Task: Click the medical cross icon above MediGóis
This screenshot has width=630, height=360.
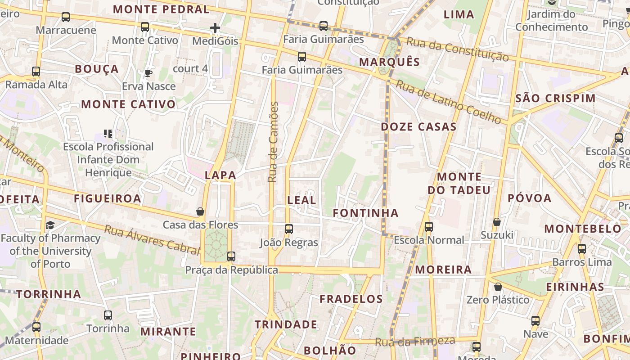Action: (x=215, y=28)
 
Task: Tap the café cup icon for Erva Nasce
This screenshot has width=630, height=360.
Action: (x=148, y=73)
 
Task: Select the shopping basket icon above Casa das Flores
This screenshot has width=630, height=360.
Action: (x=200, y=211)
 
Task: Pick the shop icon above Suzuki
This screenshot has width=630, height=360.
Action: (x=497, y=222)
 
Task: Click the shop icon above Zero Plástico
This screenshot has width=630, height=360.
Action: (x=498, y=287)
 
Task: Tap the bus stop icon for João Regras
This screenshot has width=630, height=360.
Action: (x=289, y=229)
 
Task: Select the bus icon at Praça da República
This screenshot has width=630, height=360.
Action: (x=231, y=256)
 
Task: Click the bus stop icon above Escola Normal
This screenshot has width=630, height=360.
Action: (x=429, y=227)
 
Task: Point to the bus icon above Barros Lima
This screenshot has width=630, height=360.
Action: (x=582, y=248)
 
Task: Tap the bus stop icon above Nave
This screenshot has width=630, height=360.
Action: (x=535, y=321)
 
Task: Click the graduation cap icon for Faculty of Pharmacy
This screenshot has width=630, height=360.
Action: (x=50, y=225)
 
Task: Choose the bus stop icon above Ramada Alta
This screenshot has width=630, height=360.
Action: (x=36, y=72)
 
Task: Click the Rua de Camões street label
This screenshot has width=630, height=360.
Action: (x=273, y=142)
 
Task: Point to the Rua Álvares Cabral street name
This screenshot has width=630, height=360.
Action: (x=152, y=240)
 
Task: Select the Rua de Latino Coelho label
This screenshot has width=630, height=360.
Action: (x=448, y=102)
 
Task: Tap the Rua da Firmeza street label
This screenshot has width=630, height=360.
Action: (x=415, y=342)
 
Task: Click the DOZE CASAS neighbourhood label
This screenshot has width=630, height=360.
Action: (x=418, y=127)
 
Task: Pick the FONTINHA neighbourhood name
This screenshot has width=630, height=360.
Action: (x=365, y=213)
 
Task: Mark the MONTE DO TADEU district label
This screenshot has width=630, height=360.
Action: (x=459, y=183)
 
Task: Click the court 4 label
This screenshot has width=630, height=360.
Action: (x=190, y=68)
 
